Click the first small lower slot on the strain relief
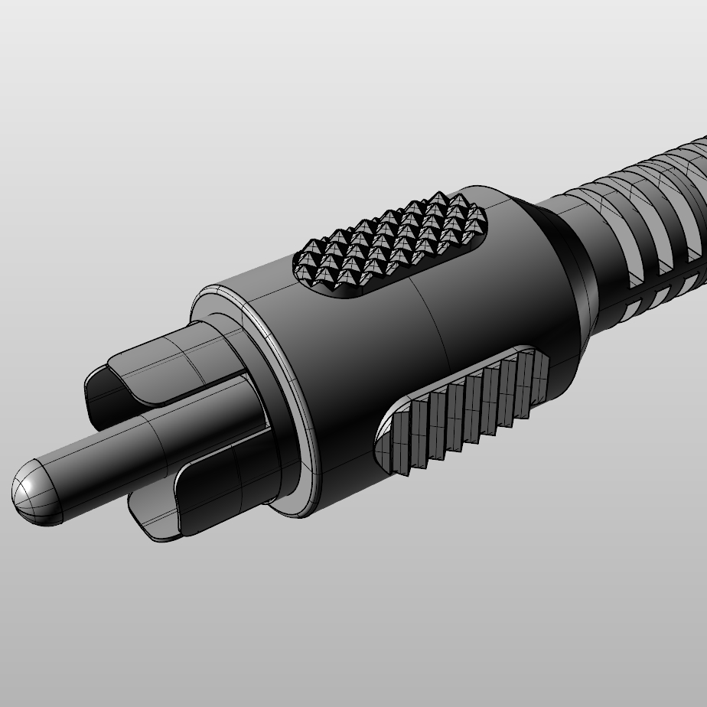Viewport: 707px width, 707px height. click(631, 310)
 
